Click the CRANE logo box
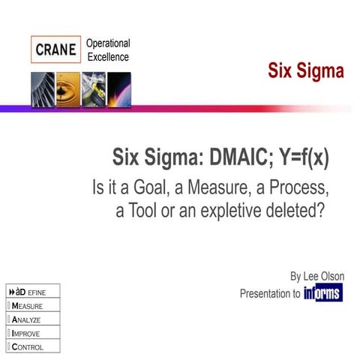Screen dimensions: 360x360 click(x=55, y=50)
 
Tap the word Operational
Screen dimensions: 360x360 click(x=108, y=43)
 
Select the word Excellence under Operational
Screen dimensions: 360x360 click(x=108, y=57)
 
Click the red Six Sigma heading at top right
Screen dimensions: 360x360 click(x=306, y=71)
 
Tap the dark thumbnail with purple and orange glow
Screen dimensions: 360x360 click(x=119, y=89)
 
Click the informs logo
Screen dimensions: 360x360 click(x=323, y=293)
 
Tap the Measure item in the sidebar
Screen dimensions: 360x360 click(x=27, y=306)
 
